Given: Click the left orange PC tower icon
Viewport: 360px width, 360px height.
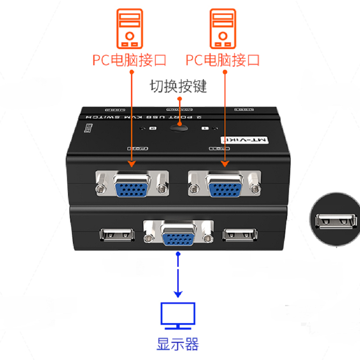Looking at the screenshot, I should point(130,30).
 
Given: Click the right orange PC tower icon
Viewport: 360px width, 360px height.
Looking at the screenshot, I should point(223,30).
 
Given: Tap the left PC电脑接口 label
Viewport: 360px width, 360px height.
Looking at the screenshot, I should point(130,60).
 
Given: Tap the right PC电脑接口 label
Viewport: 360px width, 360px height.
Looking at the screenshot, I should point(223,60).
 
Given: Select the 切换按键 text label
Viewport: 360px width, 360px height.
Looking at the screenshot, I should point(178,86).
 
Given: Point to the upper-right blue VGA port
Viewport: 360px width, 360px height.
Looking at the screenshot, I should point(225,185).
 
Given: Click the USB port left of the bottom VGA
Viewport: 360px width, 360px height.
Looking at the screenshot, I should point(117,234).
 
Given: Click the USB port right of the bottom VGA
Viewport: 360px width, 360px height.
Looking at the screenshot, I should point(239,234).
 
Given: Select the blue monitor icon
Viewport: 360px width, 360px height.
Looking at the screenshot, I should point(178,315).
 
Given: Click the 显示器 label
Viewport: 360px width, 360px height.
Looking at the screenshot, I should point(178,344).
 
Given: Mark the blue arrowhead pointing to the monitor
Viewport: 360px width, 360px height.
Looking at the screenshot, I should point(178,293).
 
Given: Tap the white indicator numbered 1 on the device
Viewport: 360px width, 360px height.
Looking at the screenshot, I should point(205,129).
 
